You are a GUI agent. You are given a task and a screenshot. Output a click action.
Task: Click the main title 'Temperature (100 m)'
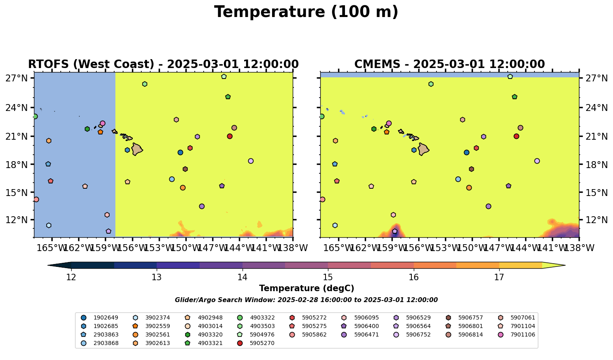(x=306, y=12)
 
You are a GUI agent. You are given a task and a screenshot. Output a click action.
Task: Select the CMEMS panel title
(x=449, y=64)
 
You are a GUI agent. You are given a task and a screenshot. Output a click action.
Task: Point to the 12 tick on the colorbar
(x=71, y=277)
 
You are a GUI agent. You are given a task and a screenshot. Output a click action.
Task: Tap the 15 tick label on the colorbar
(x=328, y=277)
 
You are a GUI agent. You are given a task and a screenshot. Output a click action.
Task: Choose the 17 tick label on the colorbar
(x=499, y=277)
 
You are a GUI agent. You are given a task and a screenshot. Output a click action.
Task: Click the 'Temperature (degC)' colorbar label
(x=306, y=288)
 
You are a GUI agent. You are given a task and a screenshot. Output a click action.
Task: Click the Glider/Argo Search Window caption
(x=306, y=300)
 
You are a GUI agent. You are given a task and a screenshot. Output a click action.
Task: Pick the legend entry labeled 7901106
(x=523, y=334)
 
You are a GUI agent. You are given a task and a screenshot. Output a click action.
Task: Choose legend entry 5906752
(x=418, y=334)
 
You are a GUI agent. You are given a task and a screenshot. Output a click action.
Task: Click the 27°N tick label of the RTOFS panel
(x=17, y=78)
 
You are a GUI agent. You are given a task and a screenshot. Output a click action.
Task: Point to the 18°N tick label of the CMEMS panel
(x=597, y=164)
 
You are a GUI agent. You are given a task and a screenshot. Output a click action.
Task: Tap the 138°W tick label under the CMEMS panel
(x=579, y=247)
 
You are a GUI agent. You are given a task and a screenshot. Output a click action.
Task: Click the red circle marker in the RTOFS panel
(x=230, y=136)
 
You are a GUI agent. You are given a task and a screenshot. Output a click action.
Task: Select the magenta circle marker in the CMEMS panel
(x=389, y=123)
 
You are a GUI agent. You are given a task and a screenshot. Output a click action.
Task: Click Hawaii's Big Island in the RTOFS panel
(x=137, y=149)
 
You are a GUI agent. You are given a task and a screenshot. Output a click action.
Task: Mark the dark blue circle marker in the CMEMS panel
(x=466, y=152)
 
